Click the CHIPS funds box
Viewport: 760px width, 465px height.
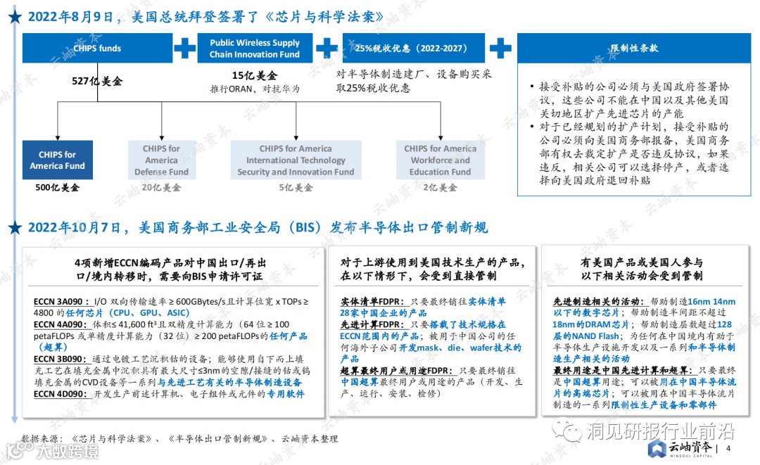pyautogui.click(x=97, y=49)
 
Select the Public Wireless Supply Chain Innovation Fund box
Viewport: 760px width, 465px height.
pyautogui.click(x=254, y=49)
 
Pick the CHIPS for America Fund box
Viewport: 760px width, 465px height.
pyautogui.click(x=57, y=160)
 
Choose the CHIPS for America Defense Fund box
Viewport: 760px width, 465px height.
pyautogui.click(x=161, y=160)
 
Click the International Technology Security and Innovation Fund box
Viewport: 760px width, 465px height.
pyautogui.click(x=296, y=160)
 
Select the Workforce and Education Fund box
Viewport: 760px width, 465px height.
pyautogui.click(x=440, y=160)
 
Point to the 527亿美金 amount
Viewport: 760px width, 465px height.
pyautogui.click(x=97, y=81)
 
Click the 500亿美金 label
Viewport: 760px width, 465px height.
pyautogui.click(x=57, y=188)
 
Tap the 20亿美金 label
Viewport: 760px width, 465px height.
pyautogui.click(x=161, y=188)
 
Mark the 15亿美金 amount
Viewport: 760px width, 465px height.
pyautogui.click(x=254, y=75)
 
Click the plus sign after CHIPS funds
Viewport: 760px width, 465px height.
pyautogui.click(x=184, y=49)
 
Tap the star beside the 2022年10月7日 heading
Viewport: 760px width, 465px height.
pyautogui.click(x=13, y=228)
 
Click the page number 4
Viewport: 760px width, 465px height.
pyautogui.click(x=728, y=449)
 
